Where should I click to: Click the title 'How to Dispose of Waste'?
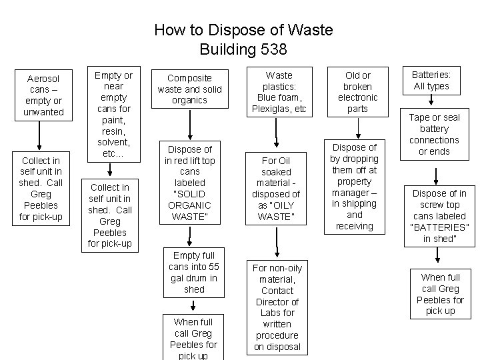pos(243,30)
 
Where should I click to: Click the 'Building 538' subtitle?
pos(243,49)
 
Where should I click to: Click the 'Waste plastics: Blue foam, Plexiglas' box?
pos(279,92)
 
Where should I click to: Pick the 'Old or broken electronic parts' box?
pos(357,92)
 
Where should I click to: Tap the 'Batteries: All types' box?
pos(431,81)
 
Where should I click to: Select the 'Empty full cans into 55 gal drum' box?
pos(193,273)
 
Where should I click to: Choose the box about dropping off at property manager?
pos(355,187)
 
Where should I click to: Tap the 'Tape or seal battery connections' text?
pos(434,134)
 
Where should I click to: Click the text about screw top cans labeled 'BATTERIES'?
pos(439,216)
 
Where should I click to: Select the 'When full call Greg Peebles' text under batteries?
pos(440,293)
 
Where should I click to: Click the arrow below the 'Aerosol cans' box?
pos(41,136)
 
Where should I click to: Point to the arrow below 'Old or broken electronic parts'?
pos(356,127)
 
